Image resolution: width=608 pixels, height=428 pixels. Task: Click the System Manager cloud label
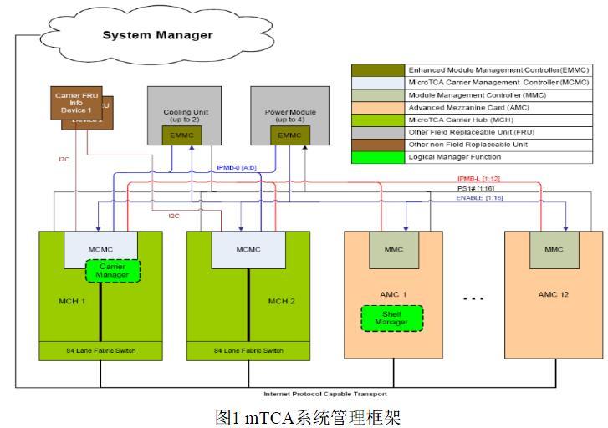pyautogui.click(x=157, y=35)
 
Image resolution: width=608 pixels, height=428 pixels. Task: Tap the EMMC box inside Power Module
pyautogui.click(x=289, y=135)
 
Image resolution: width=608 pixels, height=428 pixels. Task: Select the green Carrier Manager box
pyautogui.click(x=112, y=270)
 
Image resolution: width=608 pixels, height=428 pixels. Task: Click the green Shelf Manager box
pyautogui.click(x=391, y=317)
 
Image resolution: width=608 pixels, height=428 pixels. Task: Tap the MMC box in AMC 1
pyautogui.click(x=392, y=249)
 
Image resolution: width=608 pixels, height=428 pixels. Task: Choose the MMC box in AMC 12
pyautogui.click(x=553, y=249)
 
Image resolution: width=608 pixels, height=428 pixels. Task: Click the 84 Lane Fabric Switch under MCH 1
pyautogui.click(x=101, y=350)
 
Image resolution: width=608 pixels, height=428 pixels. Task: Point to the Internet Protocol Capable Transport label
pyautogui.click(x=324, y=394)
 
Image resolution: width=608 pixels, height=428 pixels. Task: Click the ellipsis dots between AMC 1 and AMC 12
pyautogui.click(x=473, y=298)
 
